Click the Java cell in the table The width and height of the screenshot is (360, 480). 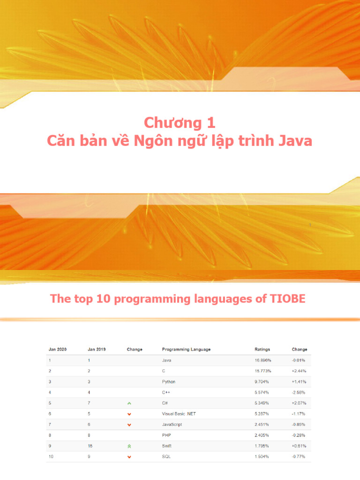[x=166, y=360]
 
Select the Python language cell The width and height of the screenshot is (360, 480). [x=169, y=382]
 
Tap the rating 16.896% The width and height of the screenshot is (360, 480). [x=262, y=360]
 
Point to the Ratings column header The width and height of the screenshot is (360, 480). [x=262, y=349]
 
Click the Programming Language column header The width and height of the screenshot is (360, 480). [x=186, y=349]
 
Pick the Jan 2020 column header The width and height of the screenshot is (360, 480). [x=58, y=349]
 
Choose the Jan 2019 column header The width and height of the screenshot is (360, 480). [x=97, y=349]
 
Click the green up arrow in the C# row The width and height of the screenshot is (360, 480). [x=129, y=404]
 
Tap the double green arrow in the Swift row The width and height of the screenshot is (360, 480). [x=129, y=446]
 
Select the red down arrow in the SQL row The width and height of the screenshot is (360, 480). [x=129, y=457]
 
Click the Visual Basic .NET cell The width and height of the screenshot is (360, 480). [x=179, y=414]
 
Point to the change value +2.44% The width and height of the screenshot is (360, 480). [x=299, y=371]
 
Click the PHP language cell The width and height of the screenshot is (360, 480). [x=166, y=435]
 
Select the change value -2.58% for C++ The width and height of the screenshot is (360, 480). [x=299, y=392]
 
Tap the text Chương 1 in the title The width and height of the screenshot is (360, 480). [x=180, y=123]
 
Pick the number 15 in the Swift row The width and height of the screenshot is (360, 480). [x=90, y=446]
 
